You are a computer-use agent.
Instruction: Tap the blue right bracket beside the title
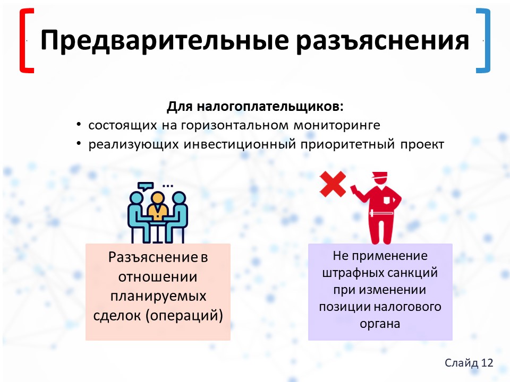(x=483, y=41)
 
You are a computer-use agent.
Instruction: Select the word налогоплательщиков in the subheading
(x=270, y=107)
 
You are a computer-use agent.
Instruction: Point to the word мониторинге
(x=337, y=125)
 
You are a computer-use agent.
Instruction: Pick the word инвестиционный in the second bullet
(x=240, y=144)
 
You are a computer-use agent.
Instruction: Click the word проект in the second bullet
(x=422, y=145)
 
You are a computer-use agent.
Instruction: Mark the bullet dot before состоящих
(x=79, y=124)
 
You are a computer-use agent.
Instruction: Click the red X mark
(x=333, y=184)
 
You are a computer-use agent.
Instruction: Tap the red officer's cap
(x=380, y=176)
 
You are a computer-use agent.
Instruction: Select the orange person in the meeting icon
(x=158, y=206)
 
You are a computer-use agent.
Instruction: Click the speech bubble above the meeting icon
(x=145, y=186)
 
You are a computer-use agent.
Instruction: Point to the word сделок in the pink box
(x=117, y=315)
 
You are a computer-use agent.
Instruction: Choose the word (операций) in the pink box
(x=184, y=316)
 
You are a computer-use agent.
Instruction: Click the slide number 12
(x=487, y=362)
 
